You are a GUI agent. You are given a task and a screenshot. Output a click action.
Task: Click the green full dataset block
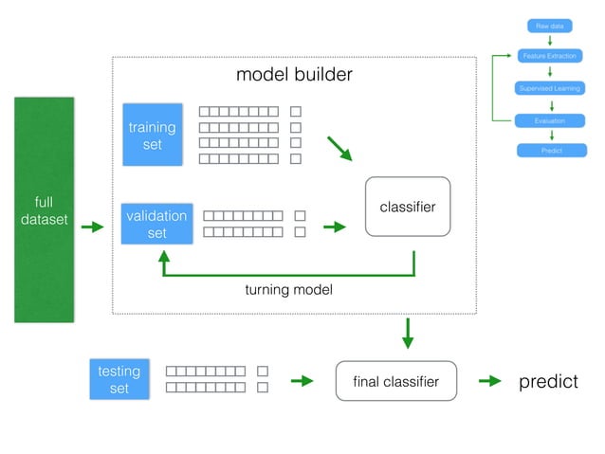pos(44,209)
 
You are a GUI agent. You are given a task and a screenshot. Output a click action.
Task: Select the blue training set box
pos(152,136)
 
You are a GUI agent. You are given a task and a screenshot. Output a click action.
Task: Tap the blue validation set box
pos(156,224)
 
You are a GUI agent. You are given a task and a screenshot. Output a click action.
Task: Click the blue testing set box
pos(119,379)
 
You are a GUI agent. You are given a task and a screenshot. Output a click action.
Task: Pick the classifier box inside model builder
pos(408,206)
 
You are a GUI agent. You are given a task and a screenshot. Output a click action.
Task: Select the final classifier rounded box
pos(395,381)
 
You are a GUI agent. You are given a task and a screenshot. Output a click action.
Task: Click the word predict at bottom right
pos(548,381)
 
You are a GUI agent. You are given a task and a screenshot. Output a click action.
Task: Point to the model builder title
pos(294,75)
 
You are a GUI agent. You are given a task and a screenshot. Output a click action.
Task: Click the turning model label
pos(288,290)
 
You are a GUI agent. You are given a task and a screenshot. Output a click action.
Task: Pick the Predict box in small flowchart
pos(551,151)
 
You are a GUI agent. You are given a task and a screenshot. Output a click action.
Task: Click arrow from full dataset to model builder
pos(92,227)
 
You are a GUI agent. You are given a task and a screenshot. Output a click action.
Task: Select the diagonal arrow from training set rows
pos(339,149)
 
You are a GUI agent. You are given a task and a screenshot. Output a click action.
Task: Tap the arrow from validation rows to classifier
pos(335,227)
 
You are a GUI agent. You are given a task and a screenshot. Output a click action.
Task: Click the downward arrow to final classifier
pos(408,332)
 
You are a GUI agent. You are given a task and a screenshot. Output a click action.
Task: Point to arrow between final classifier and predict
pos(489,381)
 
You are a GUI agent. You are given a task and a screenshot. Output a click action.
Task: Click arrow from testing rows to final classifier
pos(302,381)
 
